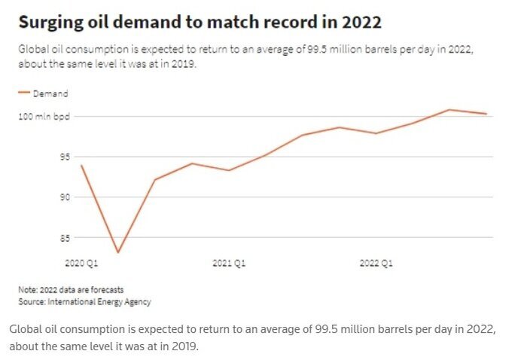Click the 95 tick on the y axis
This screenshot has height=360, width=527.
coord(65,157)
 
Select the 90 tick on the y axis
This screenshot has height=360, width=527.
coord(65,197)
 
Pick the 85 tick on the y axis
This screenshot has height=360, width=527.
coord(65,238)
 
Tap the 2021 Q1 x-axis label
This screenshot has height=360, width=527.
coord(228,264)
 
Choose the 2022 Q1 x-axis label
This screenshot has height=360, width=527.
coord(376,264)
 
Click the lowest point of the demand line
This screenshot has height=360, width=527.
coord(118,252)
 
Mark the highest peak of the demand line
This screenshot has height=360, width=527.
coord(449,110)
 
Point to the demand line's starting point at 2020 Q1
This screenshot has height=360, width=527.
coord(81,165)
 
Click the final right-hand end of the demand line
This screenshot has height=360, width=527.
coord(486,114)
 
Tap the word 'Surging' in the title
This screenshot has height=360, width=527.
coord(50,23)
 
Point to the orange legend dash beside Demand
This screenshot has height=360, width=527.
coord(23,94)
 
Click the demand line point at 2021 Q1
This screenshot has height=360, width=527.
coord(228,170)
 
